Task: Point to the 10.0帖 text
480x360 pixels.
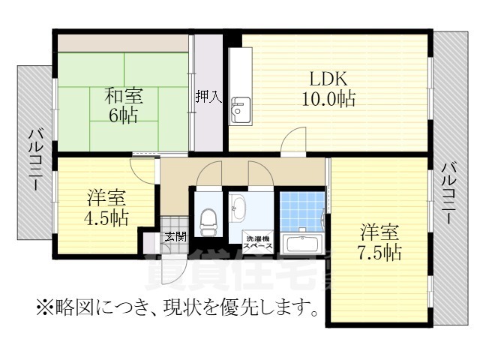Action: pos(328,98)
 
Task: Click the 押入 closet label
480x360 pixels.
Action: pos(208,97)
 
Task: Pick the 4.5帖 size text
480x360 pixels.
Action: pos(106,218)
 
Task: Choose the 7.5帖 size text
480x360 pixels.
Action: pos(379,252)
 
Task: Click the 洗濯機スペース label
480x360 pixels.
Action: pos(256,242)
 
